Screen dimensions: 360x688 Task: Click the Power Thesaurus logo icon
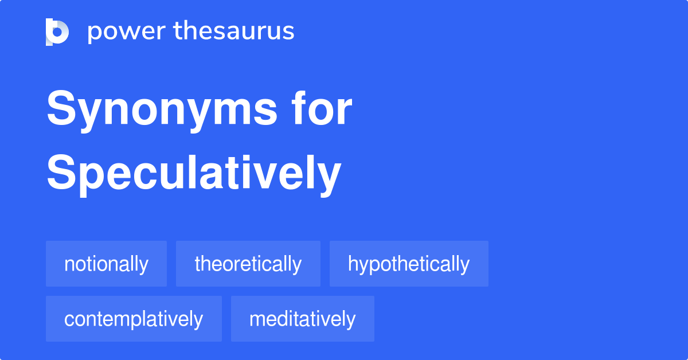57,32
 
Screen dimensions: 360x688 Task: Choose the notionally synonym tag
106,264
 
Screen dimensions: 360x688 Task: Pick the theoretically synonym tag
248,264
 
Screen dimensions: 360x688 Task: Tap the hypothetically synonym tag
409,264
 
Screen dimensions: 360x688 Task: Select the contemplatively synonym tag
134,319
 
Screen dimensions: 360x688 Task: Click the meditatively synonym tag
302,319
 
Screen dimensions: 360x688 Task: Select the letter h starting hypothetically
353,264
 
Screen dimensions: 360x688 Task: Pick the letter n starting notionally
69,265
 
